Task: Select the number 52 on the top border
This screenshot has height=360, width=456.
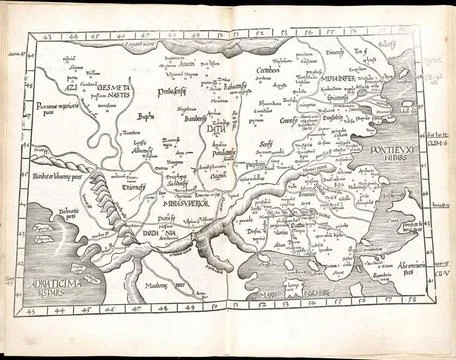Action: pos(265,35)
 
